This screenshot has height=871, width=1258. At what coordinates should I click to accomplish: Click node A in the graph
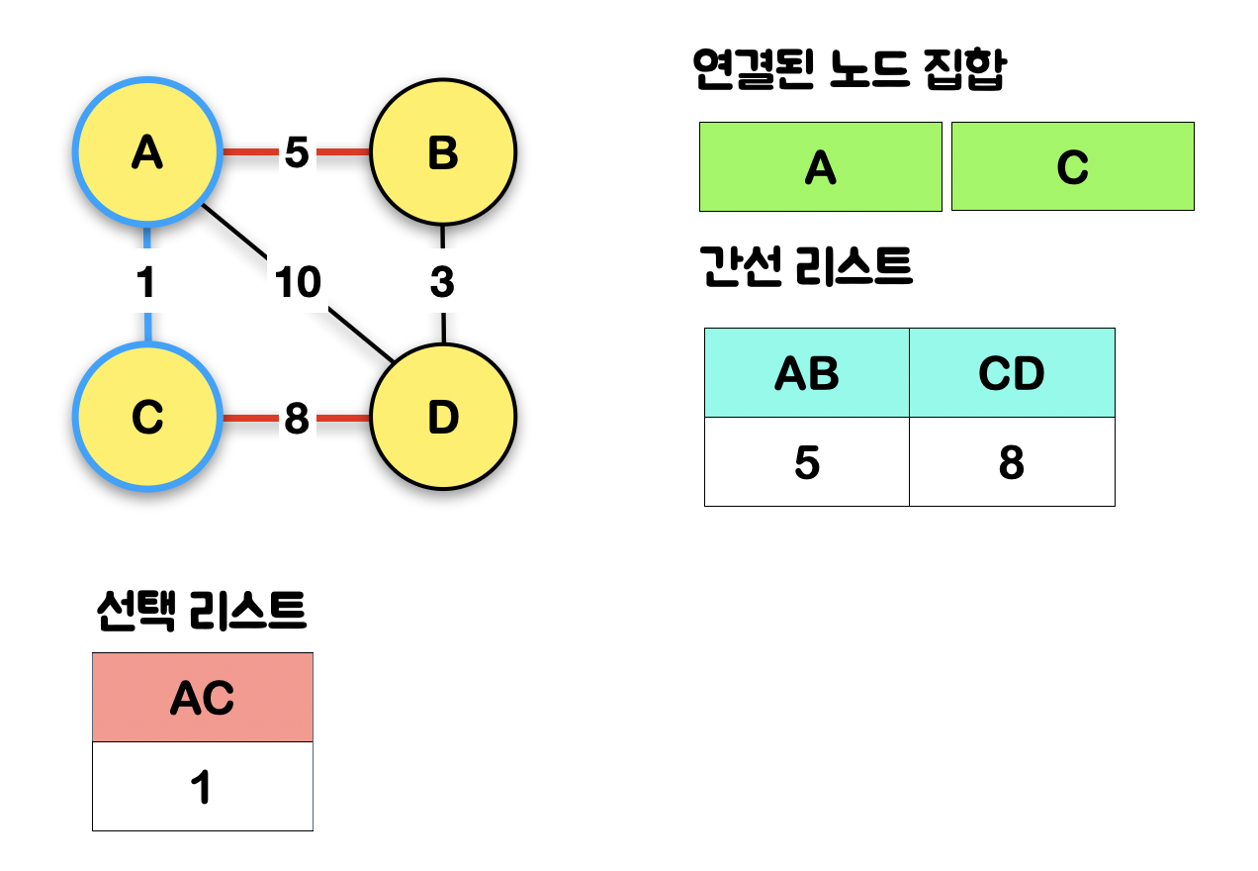click(146, 152)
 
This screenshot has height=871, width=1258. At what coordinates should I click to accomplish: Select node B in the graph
click(442, 152)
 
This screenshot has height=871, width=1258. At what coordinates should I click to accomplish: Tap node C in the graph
click(146, 418)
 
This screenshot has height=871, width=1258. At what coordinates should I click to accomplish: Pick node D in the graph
click(442, 418)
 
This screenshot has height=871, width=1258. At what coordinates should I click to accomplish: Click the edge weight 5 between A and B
click(297, 152)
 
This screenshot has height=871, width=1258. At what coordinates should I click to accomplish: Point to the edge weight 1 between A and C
click(146, 283)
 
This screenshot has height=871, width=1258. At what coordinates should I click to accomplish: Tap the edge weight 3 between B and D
click(442, 283)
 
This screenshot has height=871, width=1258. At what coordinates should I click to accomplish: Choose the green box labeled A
click(820, 167)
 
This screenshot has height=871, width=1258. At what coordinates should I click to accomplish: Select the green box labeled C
click(1072, 167)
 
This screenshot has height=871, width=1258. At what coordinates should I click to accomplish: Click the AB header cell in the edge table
click(807, 373)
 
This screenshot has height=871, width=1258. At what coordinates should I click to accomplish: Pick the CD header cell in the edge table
click(1012, 373)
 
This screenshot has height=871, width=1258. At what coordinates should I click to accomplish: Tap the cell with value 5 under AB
click(807, 462)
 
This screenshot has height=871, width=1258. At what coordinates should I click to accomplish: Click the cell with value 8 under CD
click(1012, 462)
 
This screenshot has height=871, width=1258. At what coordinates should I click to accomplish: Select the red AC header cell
click(203, 698)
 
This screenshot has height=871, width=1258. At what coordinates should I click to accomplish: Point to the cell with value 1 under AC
click(203, 787)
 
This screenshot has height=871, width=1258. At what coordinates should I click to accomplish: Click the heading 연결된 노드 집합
click(850, 71)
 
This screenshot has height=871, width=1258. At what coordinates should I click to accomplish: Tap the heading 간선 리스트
click(806, 268)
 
